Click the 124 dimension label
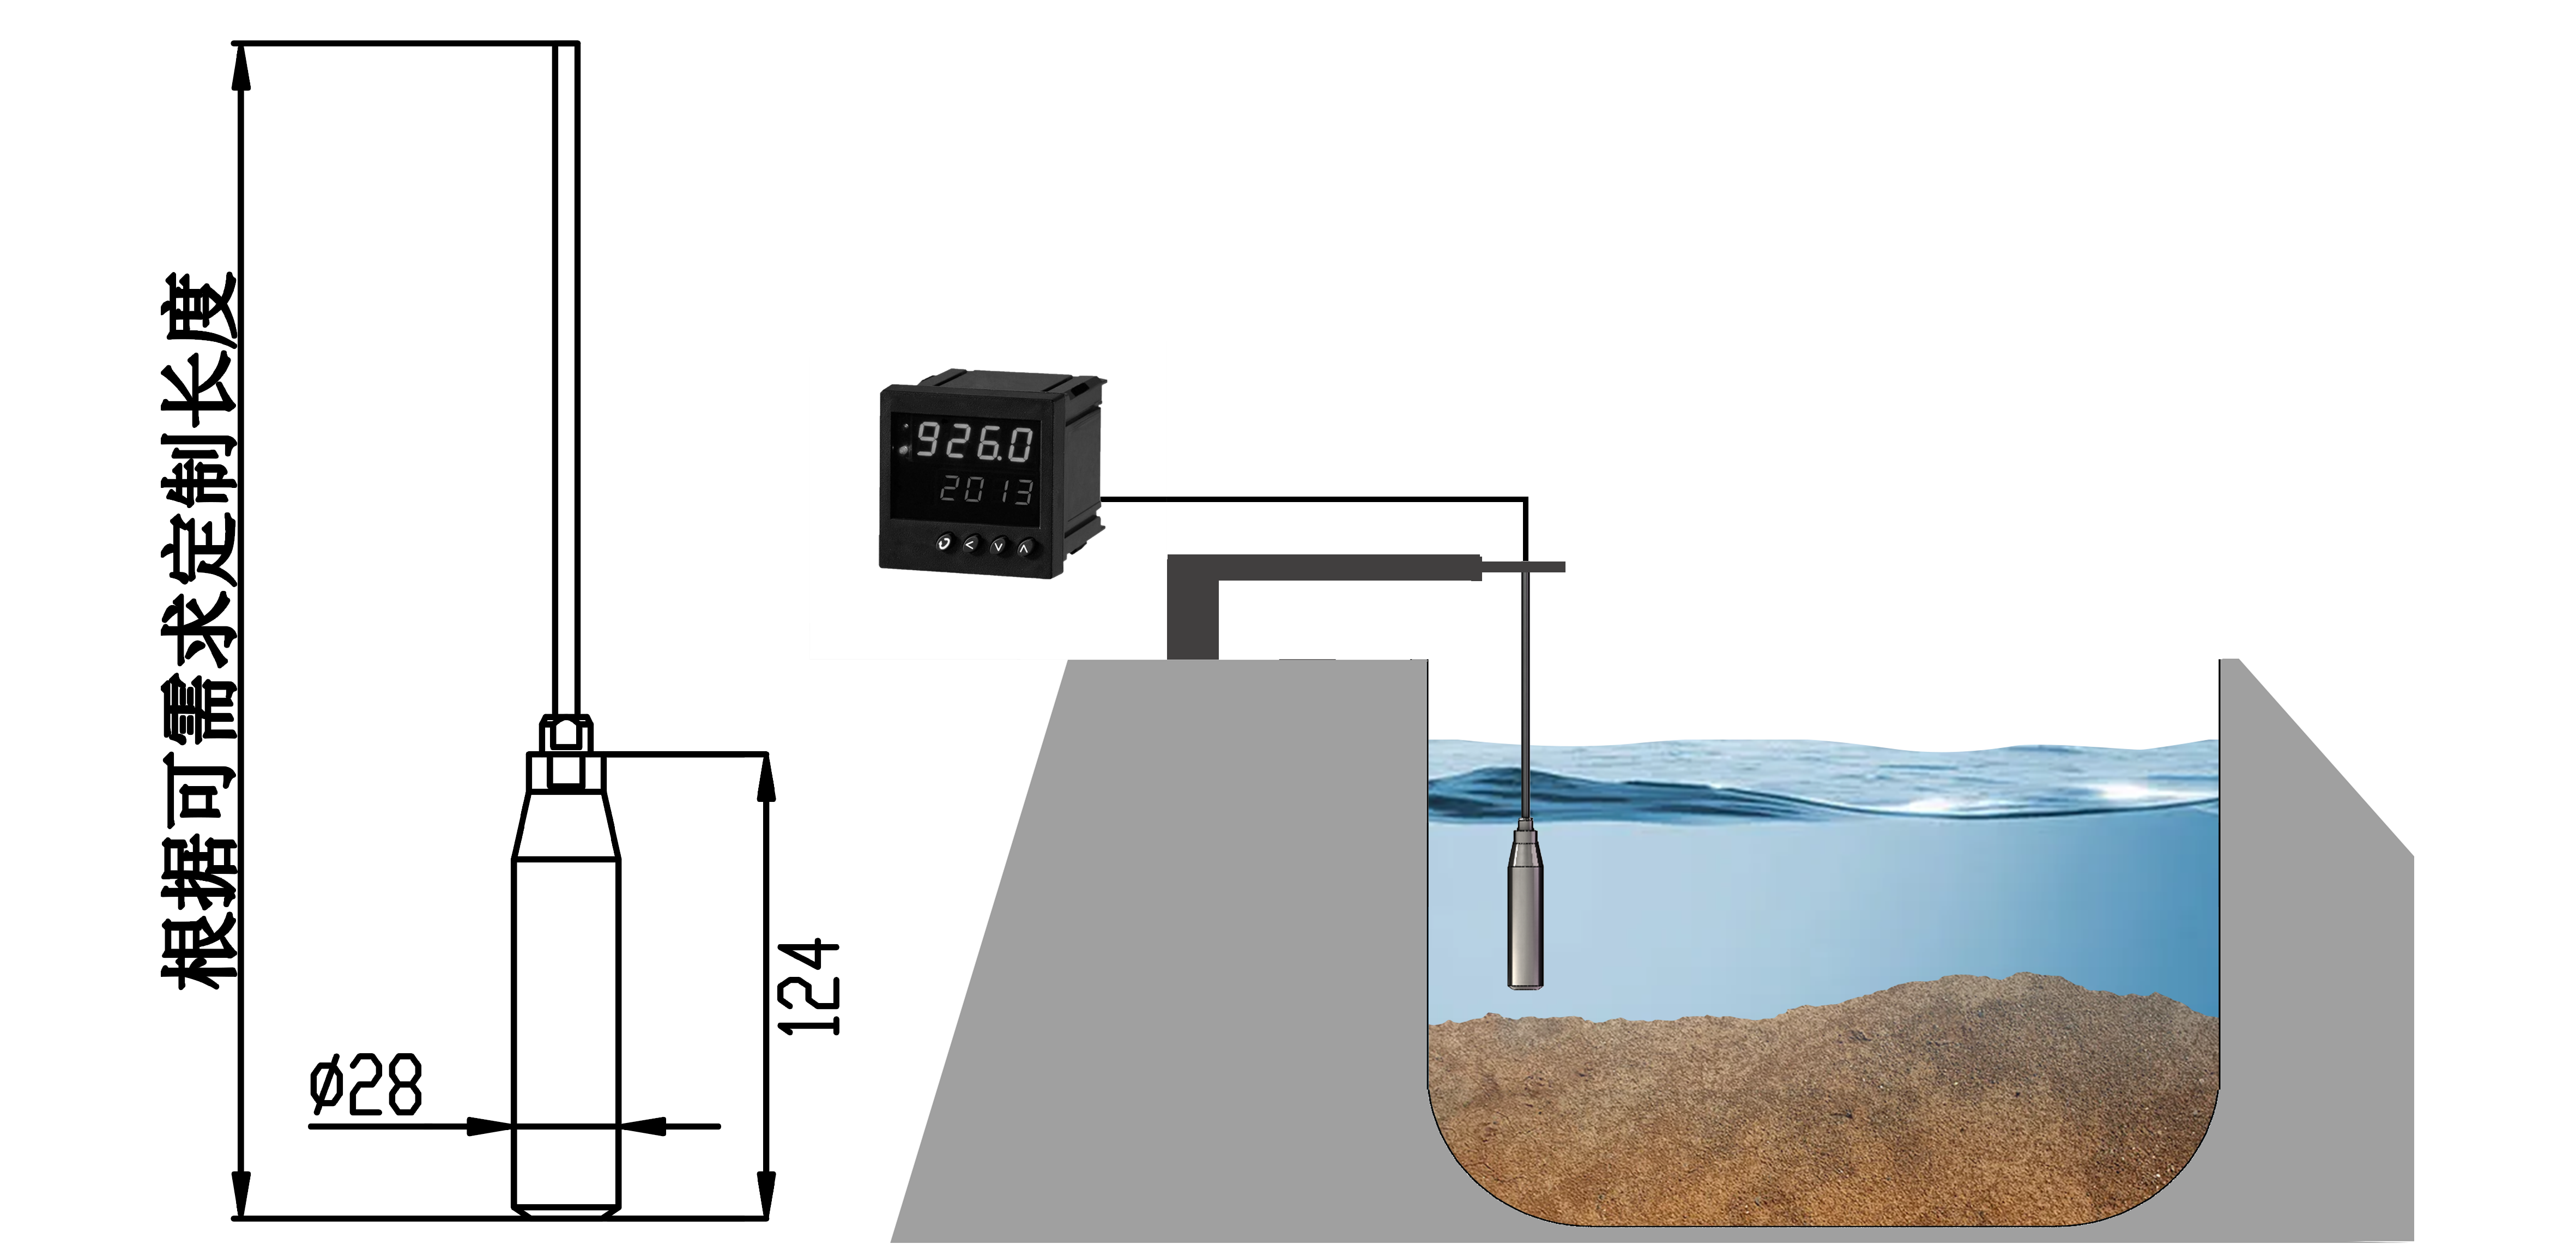click(808, 988)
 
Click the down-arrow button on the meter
click(996, 546)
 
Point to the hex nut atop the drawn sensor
click(566, 733)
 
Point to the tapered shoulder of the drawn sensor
click(566, 825)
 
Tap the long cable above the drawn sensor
click(566, 380)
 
